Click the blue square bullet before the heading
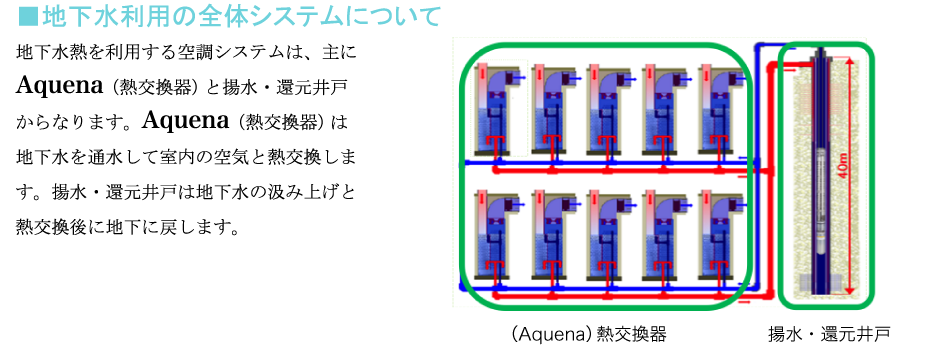point(26,18)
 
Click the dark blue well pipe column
point(819,175)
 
